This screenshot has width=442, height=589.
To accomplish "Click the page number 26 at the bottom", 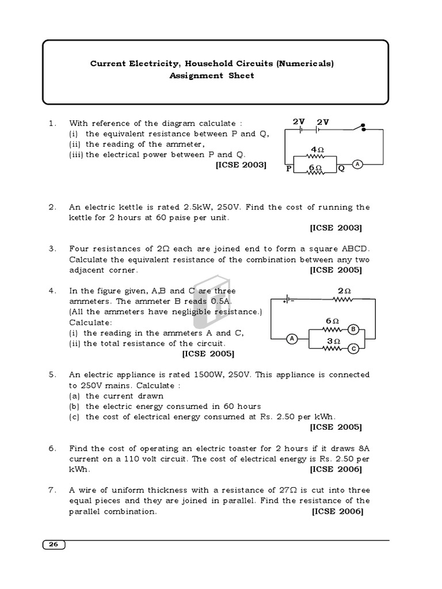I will (54, 545).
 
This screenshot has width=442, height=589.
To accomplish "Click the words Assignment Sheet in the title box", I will (212, 75).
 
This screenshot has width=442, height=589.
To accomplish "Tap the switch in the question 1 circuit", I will (361, 128).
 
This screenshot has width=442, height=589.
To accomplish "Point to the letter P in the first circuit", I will (289, 169).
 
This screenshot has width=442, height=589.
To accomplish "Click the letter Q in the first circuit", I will (341, 169).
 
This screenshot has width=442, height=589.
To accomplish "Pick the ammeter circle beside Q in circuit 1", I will (357, 165).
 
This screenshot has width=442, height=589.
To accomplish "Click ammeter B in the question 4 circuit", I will (354, 329).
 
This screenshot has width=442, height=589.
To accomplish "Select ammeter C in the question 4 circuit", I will (354, 349).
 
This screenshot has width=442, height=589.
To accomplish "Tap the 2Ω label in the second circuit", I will (344, 291).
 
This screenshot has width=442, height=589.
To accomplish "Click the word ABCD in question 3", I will (353, 249).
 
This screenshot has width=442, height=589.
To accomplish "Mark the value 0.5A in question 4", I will (218, 301).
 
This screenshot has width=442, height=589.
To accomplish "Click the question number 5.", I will (52, 374).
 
